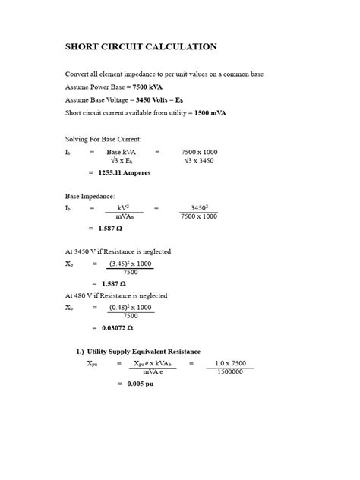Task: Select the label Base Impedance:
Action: click(x=93, y=195)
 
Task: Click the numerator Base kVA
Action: click(x=122, y=152)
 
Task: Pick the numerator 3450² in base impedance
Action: click(x=199, y=207)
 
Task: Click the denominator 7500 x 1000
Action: click(x=198, y=216)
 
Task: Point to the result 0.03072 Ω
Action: click(x=117, y=327)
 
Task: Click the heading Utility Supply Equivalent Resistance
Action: click(x=144, y=352)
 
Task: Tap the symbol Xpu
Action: click(x=92, y=363)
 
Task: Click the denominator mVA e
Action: click(x=156, y=372)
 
